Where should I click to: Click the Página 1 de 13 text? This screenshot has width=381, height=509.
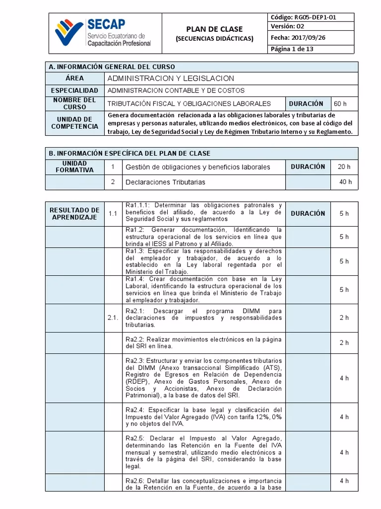(292, 49)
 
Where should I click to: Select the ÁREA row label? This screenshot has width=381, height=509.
(74, 79)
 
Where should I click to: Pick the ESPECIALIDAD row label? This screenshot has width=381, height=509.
(74, 90)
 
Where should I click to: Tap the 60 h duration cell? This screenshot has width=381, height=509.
(340, 103)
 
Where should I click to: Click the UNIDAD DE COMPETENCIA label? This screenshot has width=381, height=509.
(74, 123)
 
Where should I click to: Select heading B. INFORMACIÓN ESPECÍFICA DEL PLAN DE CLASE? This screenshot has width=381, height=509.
(129, 154)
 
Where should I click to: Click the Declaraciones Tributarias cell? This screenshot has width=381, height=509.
(165, 182)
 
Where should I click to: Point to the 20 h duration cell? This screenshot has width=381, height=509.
(344, 167)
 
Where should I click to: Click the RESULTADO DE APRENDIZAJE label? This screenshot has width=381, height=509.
(74, 213)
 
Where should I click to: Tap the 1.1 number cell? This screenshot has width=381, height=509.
(113, 213)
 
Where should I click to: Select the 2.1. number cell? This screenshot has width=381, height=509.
(113, 318)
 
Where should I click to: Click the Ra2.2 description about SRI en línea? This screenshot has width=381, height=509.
(203, 342)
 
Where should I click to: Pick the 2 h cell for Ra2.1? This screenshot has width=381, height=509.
(344, 318)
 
